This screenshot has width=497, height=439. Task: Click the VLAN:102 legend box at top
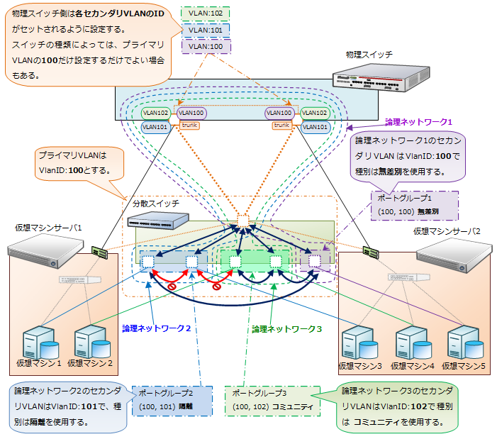click(206, 13)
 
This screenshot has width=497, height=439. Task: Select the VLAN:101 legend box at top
click(206, 30)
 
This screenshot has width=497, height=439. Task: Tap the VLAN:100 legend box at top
click(206, 46)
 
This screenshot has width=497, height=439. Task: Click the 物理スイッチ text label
click(369, 55)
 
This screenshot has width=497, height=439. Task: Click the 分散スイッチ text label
click(155, 204)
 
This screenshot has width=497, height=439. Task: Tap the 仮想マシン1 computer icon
click(39, 340)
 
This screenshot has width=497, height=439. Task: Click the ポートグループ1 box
click(415, 201)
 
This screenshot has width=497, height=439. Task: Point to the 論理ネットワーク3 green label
click(287, 329)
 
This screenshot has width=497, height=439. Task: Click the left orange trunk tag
click(189, 126)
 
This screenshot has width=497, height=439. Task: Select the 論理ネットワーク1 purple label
click(418, 122)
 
